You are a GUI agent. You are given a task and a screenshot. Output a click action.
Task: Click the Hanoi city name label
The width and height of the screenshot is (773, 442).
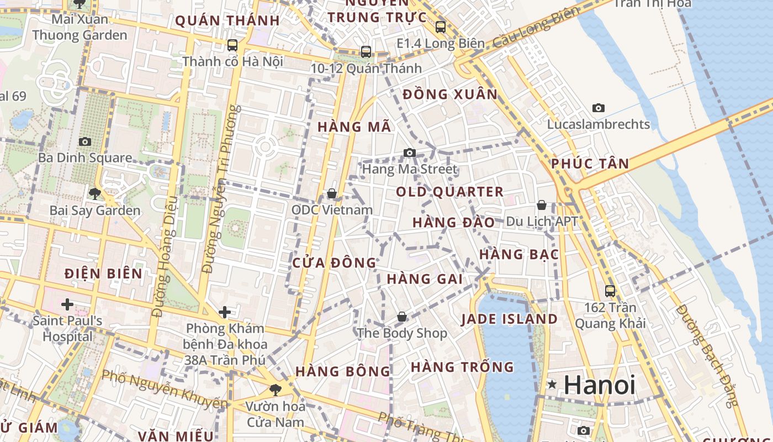tap(600, 385)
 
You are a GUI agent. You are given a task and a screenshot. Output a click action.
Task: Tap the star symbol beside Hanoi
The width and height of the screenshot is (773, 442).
tap(552, 385)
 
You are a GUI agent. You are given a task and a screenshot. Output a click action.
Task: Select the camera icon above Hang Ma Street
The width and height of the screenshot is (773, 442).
tap(409, 153)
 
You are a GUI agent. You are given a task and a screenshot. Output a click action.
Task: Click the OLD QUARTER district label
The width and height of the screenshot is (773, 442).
tap(449, 192)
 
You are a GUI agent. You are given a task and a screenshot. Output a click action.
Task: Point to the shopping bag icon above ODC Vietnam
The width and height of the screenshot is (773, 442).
tap(332, 193)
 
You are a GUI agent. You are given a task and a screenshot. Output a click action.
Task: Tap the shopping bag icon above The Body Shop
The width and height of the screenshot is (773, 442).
tap(402, 317)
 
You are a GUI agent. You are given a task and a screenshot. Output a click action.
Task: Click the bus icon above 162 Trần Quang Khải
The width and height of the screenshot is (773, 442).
tap(610, 291)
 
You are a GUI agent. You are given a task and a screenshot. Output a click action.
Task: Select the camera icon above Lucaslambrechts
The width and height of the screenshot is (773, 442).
tap(598, 108)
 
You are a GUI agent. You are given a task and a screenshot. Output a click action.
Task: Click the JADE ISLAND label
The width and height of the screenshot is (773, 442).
tap(509, 319)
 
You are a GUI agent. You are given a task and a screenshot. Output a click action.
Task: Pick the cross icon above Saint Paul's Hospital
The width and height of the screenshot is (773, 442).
tap(67, 304)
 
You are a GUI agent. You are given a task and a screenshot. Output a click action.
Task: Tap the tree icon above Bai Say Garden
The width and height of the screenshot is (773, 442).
tap(94, 193)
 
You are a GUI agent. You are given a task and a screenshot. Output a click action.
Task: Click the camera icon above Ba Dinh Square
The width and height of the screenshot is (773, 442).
tap(84, 141)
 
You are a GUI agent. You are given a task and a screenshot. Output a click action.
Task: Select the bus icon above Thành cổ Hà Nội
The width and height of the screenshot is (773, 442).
tap(232, 45)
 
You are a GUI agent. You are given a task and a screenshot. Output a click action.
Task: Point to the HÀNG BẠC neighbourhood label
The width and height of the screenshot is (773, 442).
tap(519, 255)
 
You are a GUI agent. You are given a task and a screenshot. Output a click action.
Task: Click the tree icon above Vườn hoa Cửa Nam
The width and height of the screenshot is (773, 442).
tap(275, 390)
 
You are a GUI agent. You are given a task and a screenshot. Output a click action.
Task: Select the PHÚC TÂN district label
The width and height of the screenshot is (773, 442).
tap(590, 164)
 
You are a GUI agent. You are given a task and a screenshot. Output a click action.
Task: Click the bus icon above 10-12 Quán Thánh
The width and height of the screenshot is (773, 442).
tap(366, 52)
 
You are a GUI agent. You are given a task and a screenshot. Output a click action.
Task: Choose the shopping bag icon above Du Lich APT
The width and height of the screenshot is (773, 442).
tap(542, 205)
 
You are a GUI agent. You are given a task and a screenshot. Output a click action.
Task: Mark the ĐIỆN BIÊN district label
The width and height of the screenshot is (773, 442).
tap(103, 273)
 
